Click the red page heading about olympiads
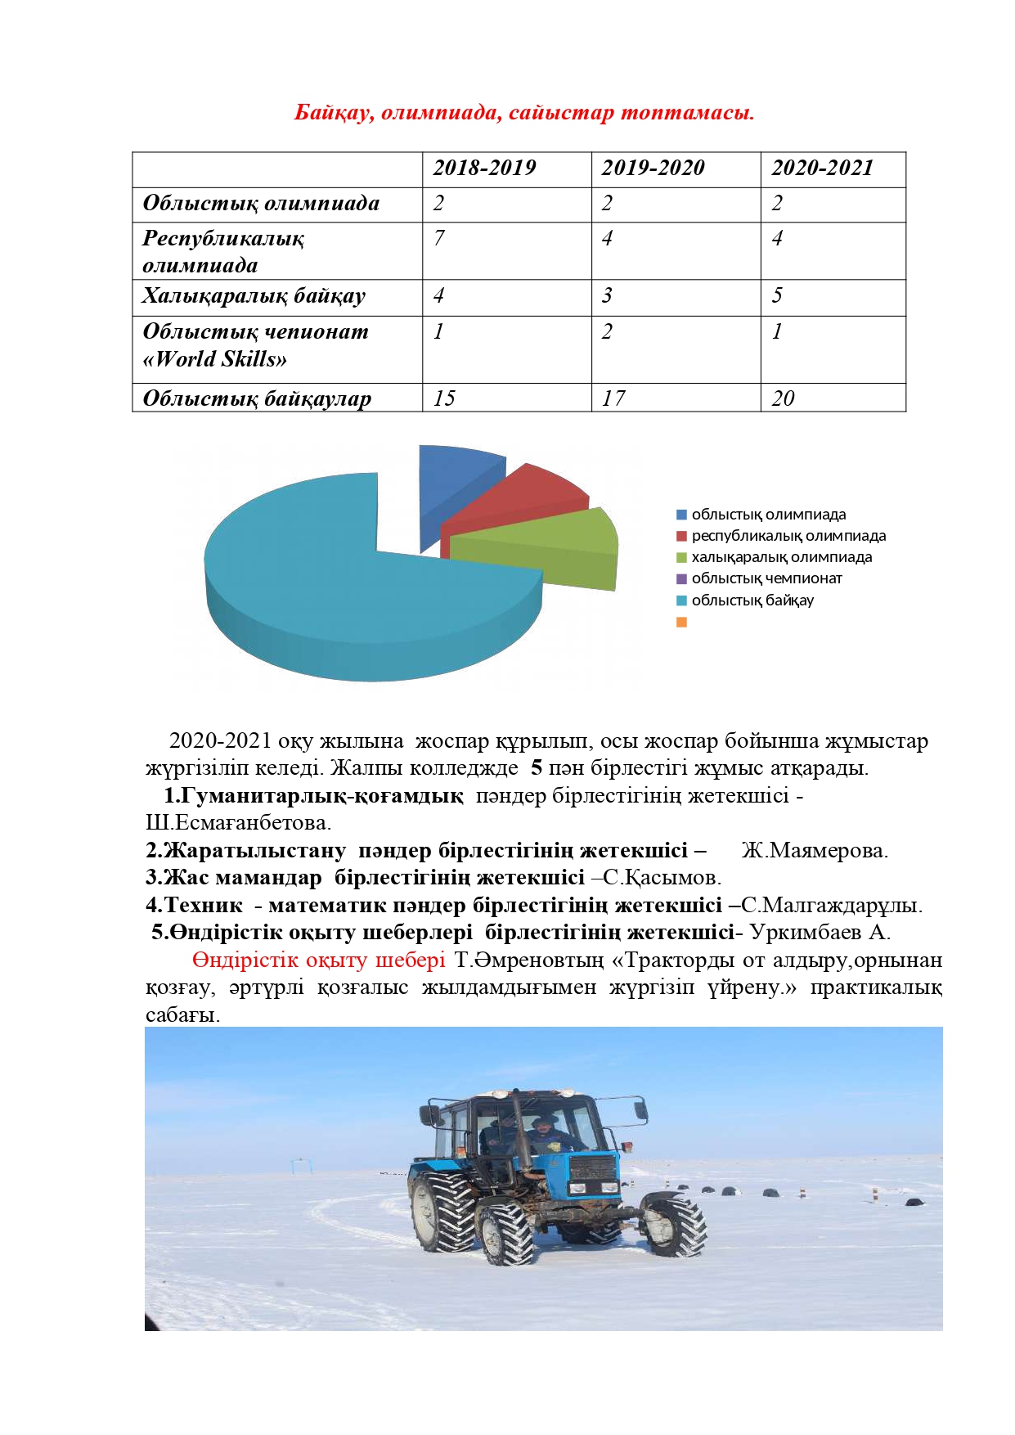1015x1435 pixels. [523, 112]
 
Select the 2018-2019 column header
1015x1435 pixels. [484, 168]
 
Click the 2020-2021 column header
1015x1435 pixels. [822, 168]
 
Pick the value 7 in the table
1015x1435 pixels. [439, 238]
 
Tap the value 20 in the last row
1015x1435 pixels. [783, 398]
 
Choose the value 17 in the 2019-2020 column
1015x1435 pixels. [613, 398]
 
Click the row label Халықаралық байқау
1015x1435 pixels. [254, 295]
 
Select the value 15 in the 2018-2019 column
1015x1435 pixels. [444, 398]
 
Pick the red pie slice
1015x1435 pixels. [523, 499]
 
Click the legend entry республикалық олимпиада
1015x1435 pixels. [788, 536]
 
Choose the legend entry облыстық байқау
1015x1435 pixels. [752, 601]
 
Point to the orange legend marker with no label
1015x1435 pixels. [682, 622]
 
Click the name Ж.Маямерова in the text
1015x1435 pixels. [815, 850]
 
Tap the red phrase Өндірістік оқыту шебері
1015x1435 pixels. [319, 960]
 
